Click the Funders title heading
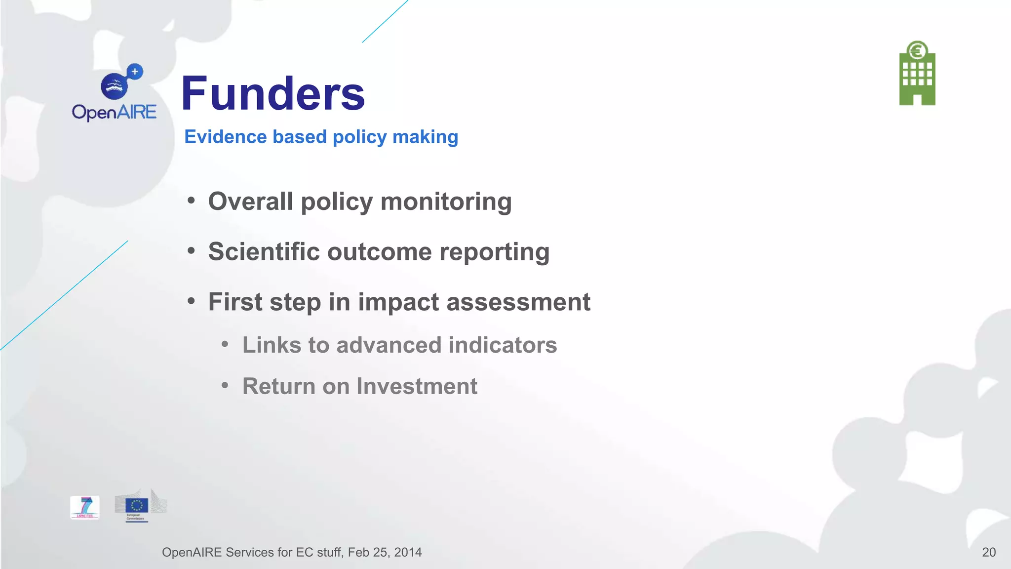tap(273, 94)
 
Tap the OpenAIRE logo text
tap(114, 113)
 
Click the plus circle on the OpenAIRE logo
tap(135, 72)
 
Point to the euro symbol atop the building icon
tap(917, 51)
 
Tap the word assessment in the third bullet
tap(518, 302)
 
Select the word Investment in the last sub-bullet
tap(417, 386)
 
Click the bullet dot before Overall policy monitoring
tap(191, 201)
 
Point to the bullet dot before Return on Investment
tap(225, 385)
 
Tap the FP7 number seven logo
tap(85, 507)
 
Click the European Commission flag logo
tap(137, 506)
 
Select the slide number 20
tap(988, 552)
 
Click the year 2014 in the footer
tap(408, 552)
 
